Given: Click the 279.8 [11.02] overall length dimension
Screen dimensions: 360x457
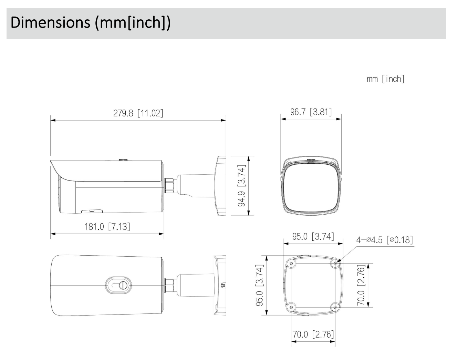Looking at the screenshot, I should coord(138,113).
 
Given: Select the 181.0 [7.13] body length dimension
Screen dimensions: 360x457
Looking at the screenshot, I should coord(107,227).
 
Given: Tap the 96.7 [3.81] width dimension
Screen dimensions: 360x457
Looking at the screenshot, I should coord(311,112).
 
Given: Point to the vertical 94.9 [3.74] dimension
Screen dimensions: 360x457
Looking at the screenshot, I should coord(242,186).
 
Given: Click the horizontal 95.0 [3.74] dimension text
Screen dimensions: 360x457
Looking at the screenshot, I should coord(313,237).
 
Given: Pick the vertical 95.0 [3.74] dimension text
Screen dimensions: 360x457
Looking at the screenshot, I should coord(260,285).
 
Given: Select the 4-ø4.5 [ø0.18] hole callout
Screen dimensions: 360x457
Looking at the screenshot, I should coord(384,240).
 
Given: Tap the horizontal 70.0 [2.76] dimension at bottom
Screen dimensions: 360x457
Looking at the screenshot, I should coord(313,334).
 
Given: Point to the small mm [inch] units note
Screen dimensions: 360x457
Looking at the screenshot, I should coord(385,79).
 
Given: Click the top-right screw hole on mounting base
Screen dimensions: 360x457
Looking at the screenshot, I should coord(335,263).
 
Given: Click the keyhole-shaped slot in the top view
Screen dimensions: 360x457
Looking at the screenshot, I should coord(118,285).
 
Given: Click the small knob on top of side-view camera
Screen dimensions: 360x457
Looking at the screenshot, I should coord(123,160).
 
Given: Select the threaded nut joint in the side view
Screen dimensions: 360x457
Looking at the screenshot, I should coord(170,185).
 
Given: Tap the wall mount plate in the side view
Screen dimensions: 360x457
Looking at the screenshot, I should coord(220,186).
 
